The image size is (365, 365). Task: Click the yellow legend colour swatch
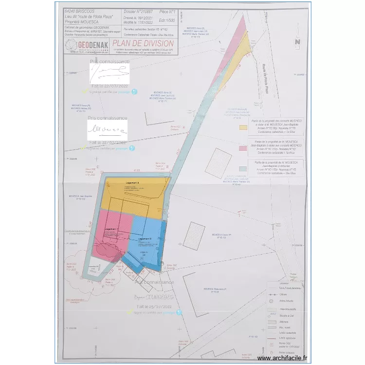click(x=242, y=128)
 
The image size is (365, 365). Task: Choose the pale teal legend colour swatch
click(x=242, y=168)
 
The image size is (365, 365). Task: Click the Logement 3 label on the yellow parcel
click(x=132, y=182)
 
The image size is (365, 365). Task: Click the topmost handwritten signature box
click(x=109, y=74)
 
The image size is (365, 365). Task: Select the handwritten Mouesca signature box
click(x=107, y=130)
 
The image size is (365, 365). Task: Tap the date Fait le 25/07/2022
click(x=155, y=307)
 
